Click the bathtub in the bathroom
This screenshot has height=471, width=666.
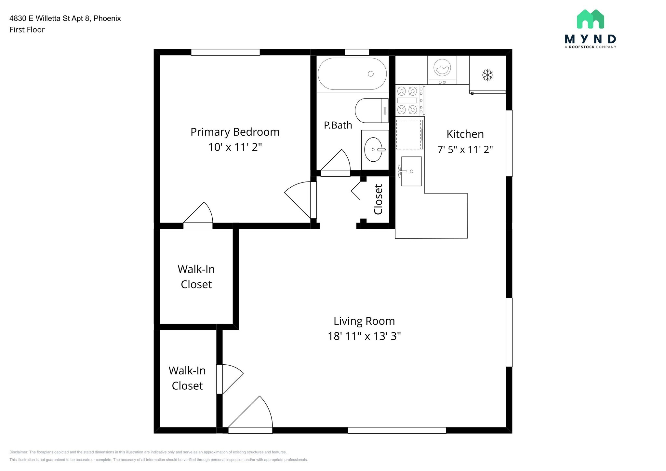pyautogui.click(x=352, y=74)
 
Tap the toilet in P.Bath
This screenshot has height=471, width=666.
pyautogui.click(x=372, y=111)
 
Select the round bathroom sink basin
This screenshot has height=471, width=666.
pyautogui.click(x=373, y=150)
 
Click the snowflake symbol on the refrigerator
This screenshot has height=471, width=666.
pyautogui.click(x=487, y=75)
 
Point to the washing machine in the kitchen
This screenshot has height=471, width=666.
pyautogui.click(x=442, y=70)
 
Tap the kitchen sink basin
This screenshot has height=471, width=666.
pyautogui.click(x=411, y=171)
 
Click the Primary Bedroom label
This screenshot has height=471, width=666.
pyautogui.click(x=235, y=132)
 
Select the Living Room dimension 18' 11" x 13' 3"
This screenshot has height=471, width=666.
pyautogui.click(x=364, y=336)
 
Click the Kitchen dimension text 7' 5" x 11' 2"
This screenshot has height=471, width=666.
pyautogui.click(x=465, y=149)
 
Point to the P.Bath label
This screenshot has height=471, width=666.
pyautogui.click(x=338, y=125)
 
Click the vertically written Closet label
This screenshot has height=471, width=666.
pyautogui.click(x=378, y=199)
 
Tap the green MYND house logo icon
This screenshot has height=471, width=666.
pyautogui.click(x=590, y=19)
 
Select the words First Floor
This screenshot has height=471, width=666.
pyautogui.click(x=27, y=30)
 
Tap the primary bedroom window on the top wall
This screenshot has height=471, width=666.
pyautogui.click(x=225, y=52)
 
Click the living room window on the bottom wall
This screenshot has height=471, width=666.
pyautogui.click(x=397, y=430)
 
